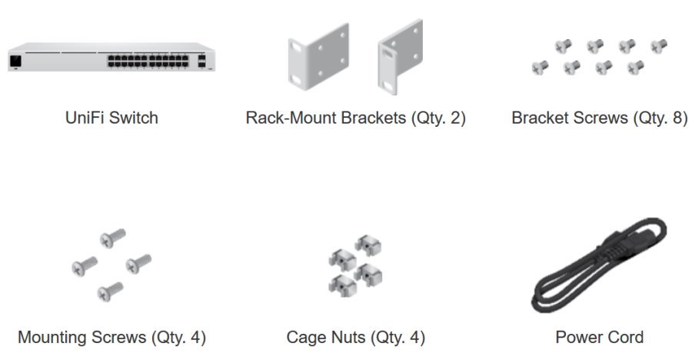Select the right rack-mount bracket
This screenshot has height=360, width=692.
click(401, 58)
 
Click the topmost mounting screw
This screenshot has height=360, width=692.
click(113, 237)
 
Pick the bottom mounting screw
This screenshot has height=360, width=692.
click(110, 291)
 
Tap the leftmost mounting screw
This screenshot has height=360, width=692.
click(84, 265)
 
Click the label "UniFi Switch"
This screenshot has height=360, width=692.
click(111, 118)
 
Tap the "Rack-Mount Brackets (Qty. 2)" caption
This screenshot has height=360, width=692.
click(355, 118)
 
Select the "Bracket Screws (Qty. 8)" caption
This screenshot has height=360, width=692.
click(599, 118)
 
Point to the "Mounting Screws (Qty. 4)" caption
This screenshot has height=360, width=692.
click(111, 337)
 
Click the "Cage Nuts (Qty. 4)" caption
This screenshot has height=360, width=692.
click(355, 337)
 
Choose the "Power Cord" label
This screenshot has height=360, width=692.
click(599, 337)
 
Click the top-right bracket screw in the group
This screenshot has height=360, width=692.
click(659, 45)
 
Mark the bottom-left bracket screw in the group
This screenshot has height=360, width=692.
click(539, 67)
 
